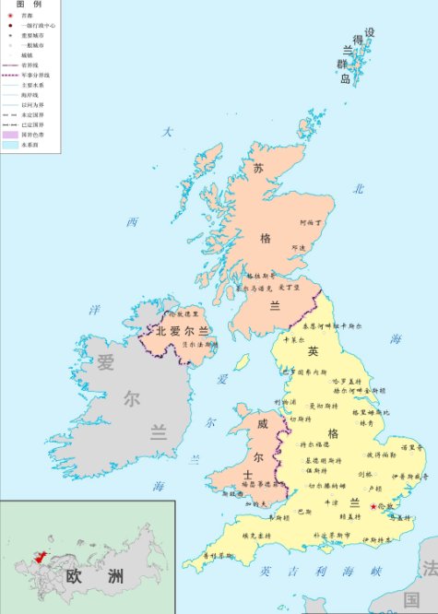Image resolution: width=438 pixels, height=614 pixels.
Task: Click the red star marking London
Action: click(373, 506)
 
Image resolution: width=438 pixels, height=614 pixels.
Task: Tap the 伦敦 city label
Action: click(385, 506)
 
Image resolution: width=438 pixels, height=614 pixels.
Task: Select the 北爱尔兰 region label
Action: click(183, 331)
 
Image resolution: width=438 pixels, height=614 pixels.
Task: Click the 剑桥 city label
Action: click(364, 475)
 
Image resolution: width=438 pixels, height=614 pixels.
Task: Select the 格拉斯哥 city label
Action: click(262, 275)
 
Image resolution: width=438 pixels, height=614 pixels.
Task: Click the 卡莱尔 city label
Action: click(291, 339)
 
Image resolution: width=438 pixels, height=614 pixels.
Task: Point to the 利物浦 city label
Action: click(285, 402)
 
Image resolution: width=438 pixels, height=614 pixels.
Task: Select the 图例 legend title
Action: click(29, 6)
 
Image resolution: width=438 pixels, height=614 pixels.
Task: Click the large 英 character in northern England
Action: click(313, 351)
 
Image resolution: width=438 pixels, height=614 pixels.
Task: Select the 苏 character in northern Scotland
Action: click(259, 169)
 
